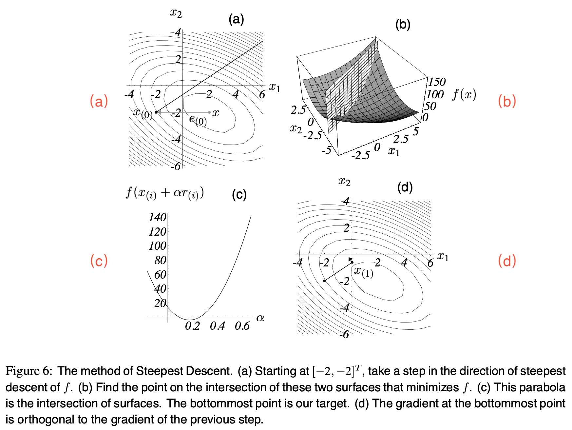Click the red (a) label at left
(x=99, y=101)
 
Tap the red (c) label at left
(x=99, y=261)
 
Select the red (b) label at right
(x=506, y=101)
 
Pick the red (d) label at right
(x=506, y=261)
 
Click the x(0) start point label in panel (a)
(x=143, y=113)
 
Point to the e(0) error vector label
(x=198, y=120)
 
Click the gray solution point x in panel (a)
(x=210, y=112)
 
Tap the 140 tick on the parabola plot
(x=157, y=217)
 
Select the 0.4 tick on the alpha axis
(x=217, y=326)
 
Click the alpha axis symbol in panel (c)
(x=260, y=318)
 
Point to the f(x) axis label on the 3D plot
(x=464, y=95)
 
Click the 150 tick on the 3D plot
(x=437, y=82)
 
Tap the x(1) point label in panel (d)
(x=363, y=272)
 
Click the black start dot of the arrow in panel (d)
(x=324, y=281)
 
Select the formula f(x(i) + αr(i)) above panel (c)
(x=165, y=193)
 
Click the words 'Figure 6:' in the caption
(x=29, y=371)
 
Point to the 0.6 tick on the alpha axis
(x=242, y=326)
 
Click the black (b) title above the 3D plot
(x=403, y=25)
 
